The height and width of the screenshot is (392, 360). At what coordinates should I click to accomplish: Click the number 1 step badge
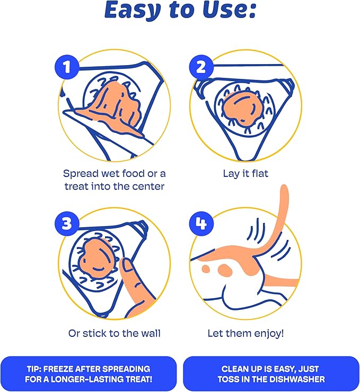[67, 67]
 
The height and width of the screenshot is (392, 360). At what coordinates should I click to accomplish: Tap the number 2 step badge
[201, 67]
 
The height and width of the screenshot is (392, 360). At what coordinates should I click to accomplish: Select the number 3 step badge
[67, 223]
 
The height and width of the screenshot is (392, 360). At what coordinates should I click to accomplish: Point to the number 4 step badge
[201, 223]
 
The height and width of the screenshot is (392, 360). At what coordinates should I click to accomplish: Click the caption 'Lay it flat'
[245, 174]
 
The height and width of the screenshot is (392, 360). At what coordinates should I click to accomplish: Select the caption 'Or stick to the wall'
[115, 333]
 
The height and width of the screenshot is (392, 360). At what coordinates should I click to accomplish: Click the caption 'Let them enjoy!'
[245, 334]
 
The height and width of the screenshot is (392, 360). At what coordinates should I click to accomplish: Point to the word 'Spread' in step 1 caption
[80, 174]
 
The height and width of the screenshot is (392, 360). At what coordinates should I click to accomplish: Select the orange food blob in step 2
[241, 108]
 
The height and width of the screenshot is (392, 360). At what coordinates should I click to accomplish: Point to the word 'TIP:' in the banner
[34, 369]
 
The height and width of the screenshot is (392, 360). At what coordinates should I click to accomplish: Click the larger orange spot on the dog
[225, 269]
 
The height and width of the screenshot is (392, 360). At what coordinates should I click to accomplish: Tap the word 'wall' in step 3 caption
[151, 333]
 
